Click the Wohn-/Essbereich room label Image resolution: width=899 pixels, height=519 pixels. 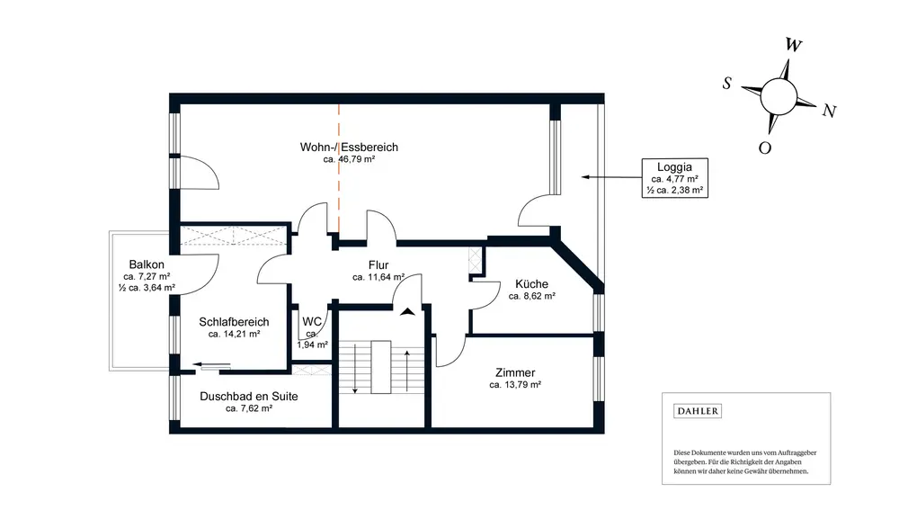click(349, 148)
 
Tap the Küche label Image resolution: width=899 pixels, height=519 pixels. click(531, 284)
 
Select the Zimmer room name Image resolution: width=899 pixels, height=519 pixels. click(515, 372)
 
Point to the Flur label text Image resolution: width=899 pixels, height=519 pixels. click(378, 265)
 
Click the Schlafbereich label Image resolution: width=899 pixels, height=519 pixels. click(234, 322)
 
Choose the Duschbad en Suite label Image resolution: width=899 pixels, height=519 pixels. click(249, 397)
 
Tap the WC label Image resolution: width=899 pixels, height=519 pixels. click(312, 322)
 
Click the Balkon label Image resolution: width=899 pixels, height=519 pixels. click(147, 264)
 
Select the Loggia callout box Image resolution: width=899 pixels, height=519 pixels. click(675, 178)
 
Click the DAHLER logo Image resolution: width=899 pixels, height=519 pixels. click(698, 411)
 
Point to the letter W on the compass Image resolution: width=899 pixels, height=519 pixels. click(794, 45)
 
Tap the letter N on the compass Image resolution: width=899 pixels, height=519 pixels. click(829, 111)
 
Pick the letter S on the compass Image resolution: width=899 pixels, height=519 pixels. click(727, 84)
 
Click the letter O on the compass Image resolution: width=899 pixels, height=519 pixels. click(765, 148)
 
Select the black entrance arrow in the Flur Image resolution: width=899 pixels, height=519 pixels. click(407, 312)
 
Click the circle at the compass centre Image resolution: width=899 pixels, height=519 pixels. click(779, 96)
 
